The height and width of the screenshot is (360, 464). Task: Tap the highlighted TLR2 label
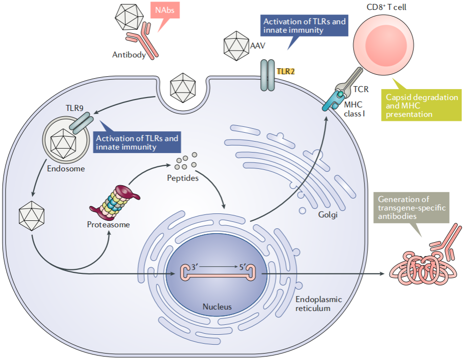click(x=286, y=71)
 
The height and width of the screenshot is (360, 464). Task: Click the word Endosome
click(x=66, y=168)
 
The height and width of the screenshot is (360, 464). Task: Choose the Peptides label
click(x=184, y=177)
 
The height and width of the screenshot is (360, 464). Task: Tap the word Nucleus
click(x=217, y=307)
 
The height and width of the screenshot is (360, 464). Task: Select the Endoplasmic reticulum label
click(x=318, y=304)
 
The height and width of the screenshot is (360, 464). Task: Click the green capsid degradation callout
click(x=422, y=105)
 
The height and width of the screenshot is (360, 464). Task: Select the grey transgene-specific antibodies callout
click(x=412, y=208)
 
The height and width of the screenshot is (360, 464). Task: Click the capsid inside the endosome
click(x=63, y=143)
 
